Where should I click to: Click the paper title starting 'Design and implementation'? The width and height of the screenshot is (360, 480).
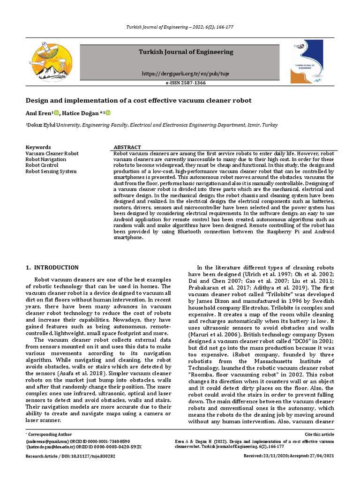(138, 100)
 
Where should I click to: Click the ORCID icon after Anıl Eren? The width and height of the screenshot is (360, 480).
(57, 113)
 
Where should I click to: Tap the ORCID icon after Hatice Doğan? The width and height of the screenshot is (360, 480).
(108, 113)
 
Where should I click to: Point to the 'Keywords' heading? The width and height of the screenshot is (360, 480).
(38, 147)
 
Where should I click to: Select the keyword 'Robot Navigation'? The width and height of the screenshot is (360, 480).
(46, 159)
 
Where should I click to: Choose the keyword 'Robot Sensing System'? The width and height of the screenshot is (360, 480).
(51, 172)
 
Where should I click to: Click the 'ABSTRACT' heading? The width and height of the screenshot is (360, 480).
(127, 147)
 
